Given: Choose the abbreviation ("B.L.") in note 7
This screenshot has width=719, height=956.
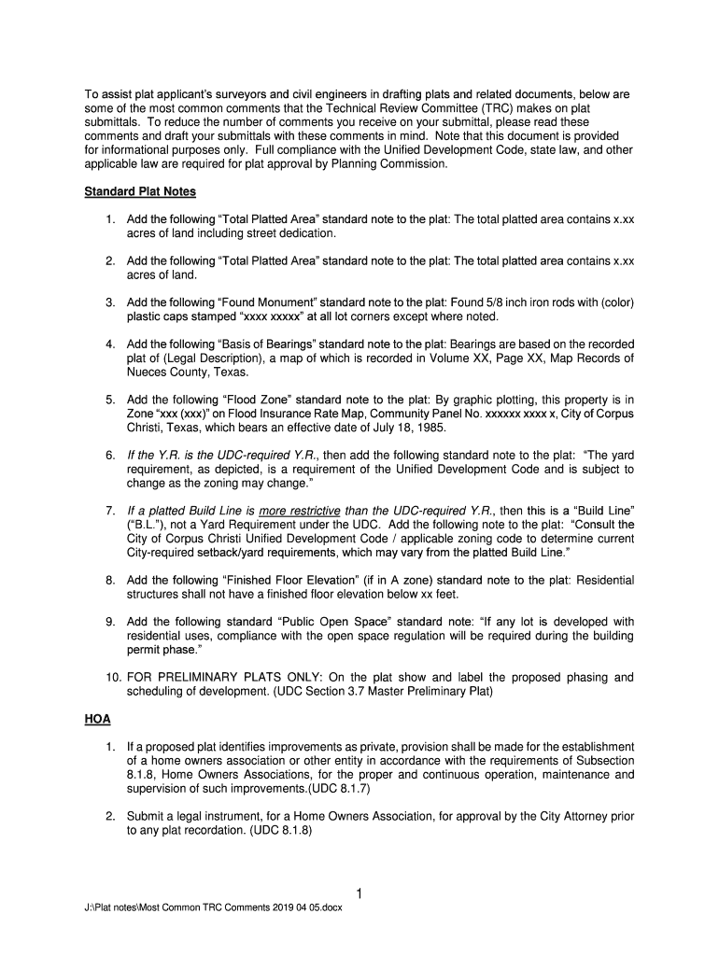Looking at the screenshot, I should (148, 524).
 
